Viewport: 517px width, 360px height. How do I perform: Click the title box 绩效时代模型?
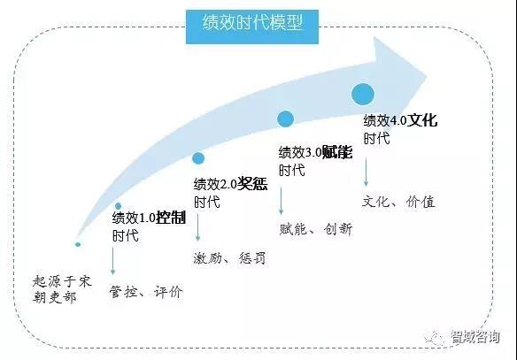(x=252, y=27)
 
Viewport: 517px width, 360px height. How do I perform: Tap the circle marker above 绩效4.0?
(x=363, y=94)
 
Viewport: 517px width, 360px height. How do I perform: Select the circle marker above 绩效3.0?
(x=285, y=119)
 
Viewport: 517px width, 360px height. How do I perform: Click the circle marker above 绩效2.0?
(x=198, y=158)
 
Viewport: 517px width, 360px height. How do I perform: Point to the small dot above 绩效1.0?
(x=118, y=206)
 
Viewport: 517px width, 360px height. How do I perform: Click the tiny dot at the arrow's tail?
(x=78, y=244)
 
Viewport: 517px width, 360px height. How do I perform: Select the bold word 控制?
(x=171, y=218)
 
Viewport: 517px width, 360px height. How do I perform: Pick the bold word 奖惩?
(x=252, y=184)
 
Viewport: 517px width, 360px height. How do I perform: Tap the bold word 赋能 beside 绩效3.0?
(x=337, y=152)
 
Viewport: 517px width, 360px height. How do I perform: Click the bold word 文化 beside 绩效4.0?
(x=422, y=120)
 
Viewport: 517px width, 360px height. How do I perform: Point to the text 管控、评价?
(x=146, y=292)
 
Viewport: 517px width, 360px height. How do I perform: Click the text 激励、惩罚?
(x=229, y=258)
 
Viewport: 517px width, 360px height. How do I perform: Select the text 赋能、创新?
(x=316, y=229)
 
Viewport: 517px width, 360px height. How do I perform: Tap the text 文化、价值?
(x=398, y=202)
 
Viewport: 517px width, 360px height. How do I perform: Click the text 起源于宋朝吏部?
(x=62, y=289)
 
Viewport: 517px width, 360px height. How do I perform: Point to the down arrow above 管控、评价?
(x=112, y=261)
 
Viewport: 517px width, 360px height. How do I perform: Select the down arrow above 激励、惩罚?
(x=197, y=227)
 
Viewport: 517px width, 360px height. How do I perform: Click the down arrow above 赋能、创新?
(x=281, y=201)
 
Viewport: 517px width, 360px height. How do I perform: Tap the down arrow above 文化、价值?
(x=366, y=172)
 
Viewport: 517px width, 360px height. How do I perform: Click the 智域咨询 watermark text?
(x=475, y=337)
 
